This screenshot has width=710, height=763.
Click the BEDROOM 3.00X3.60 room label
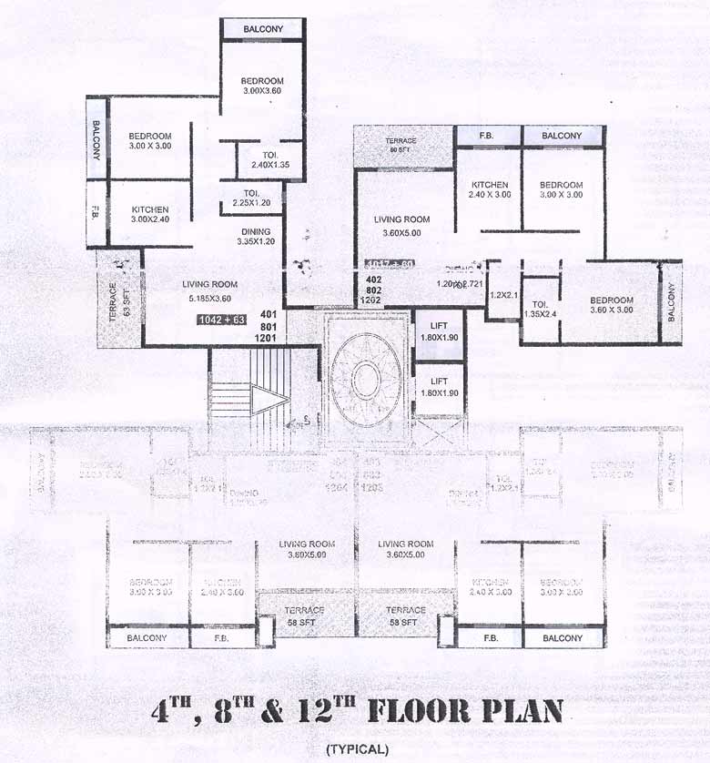[x=263, y=86]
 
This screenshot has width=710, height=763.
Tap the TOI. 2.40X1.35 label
[x=270, y=160]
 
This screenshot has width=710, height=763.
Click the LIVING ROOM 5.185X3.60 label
[x=209, y=290]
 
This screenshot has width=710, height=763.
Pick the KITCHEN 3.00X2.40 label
[x=149, y=214]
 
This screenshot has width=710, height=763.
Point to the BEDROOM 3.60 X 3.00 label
[x=611, y=305]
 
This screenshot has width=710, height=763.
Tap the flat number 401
[x=268, y=313]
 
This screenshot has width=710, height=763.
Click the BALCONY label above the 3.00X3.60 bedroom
[x=263, y=29]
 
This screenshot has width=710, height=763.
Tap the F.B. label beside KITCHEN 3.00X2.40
[x=96, y=214]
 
